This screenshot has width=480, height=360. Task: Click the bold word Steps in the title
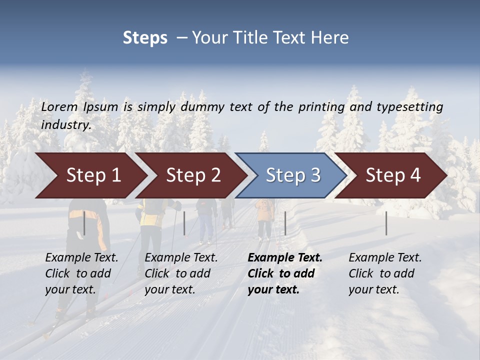coord(145,38)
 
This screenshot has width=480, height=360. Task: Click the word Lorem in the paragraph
coord(59,106)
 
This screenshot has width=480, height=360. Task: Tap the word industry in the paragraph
coord(65,124)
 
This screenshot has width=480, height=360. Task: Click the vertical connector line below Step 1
coord(84,223)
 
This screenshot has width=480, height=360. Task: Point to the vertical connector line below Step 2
coord(184,223)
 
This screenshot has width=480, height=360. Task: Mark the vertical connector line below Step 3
coord(285,223)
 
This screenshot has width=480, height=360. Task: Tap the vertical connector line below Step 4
coord(386,223)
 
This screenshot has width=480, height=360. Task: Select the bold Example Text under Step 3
coord(285,257)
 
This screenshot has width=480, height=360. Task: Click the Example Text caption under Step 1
coord(81,257)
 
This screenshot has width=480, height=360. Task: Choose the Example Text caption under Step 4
coord(385,257)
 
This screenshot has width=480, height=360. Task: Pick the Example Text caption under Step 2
coord(181,257)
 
